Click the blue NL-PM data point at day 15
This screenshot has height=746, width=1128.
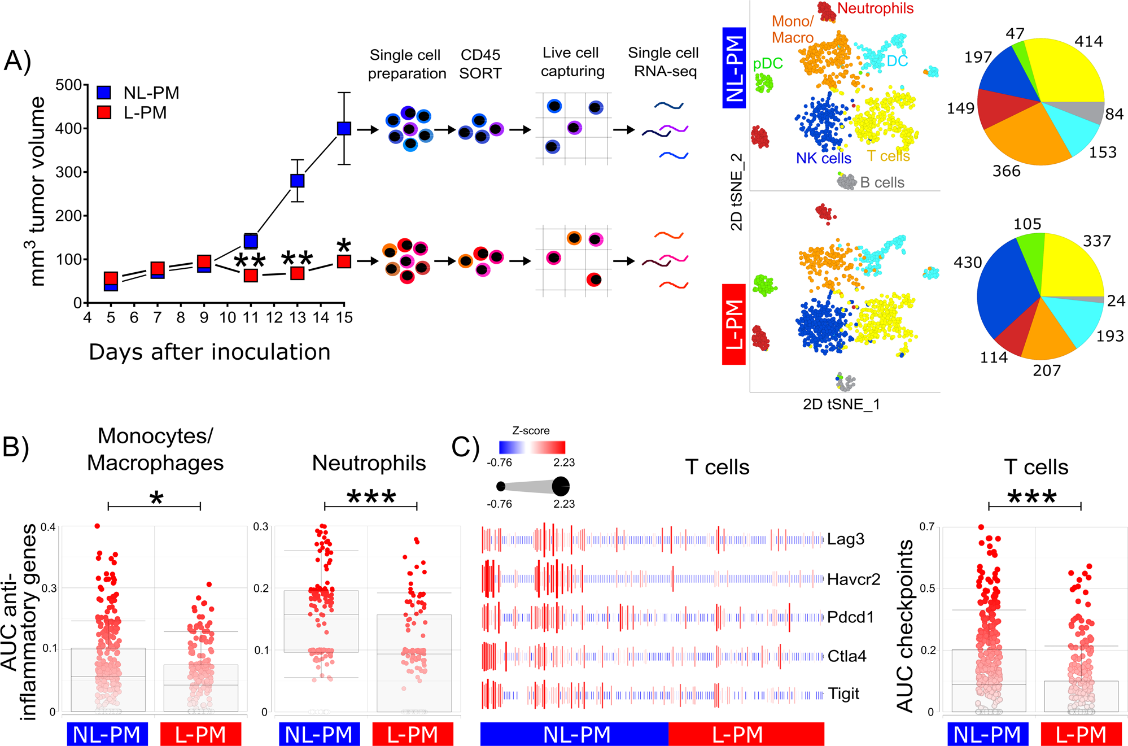(344, 128)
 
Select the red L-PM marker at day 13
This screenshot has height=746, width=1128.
(298, 273)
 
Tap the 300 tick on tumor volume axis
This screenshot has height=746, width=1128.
(69, 172)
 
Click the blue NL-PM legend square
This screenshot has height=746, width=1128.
(104, 93)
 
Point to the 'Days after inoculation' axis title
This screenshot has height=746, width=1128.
(209, 352)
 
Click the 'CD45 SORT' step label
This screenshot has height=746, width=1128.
(480, 64)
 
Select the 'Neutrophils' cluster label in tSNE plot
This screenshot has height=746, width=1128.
(875, 8)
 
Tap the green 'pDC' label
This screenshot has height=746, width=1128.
(768, 63)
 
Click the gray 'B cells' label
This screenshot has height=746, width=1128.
(882, 182)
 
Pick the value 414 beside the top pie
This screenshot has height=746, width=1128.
(1088, 41)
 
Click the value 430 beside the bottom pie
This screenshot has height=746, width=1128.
(968, 263)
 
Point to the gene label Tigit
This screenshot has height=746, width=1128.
(843, 693)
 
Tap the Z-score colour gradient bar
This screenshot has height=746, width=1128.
(532, 447)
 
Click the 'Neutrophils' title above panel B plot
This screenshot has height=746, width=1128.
(369, 463)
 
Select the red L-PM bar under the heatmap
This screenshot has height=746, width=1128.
(746, 735)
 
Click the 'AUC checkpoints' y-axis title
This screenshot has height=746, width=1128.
(905, 625)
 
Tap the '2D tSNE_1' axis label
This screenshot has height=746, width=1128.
(841, 404)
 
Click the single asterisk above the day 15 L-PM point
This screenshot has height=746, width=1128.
(343, 246)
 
